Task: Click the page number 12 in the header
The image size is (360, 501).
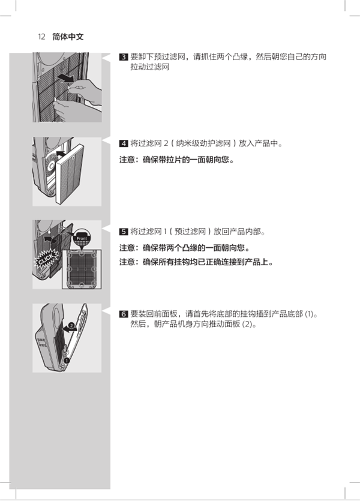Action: pos(41,37)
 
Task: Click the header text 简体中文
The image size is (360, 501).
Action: pos(68,37)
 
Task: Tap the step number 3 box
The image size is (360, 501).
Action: pos(124,58)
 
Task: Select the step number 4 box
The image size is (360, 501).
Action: pos(124,144)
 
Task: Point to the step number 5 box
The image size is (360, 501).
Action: pos(124,231)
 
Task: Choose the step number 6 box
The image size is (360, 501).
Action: pos(124,314)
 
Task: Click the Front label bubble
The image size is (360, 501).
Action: pos(82,238)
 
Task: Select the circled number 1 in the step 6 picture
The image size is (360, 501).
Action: pos(67,359)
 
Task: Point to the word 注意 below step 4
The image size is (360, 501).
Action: pos(128,160)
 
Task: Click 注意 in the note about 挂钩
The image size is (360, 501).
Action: pos(128,262)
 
